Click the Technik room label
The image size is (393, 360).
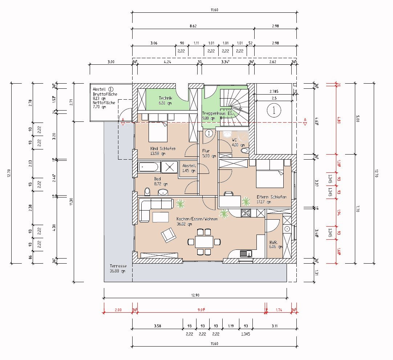166,98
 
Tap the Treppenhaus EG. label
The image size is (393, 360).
216,113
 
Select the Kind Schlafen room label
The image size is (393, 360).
163,148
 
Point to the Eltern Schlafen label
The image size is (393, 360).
271,197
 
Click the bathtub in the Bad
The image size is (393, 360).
149,168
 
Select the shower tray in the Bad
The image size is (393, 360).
170,168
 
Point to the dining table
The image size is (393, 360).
204,241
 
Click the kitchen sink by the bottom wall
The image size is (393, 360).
246,253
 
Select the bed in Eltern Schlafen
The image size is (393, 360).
270,177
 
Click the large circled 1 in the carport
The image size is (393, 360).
274,111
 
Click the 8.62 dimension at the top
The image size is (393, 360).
193,26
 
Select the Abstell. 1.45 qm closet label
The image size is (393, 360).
189,168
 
